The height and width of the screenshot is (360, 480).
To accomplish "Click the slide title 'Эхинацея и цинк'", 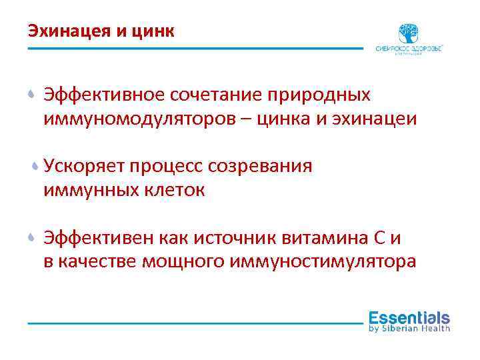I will (101, 31).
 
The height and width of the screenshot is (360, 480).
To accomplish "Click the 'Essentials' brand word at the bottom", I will (409, 317).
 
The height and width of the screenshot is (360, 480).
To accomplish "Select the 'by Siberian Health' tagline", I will (409, 328).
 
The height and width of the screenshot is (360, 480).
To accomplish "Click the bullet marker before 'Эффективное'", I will (32, 95).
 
